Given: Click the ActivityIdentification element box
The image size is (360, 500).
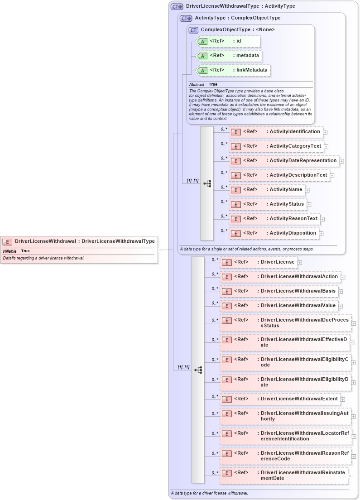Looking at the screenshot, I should click(x=275, y=132).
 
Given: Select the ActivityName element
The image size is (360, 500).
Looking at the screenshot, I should click(x=266, y=190).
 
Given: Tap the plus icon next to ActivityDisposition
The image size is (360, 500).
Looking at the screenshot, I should click(x=322, y=234).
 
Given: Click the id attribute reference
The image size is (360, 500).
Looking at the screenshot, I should click(x=229, y=41).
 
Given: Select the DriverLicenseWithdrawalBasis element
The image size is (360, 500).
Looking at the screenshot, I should click(x=278, y=291).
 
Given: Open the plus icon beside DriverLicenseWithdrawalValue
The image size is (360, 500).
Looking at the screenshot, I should click(x=341, y=307).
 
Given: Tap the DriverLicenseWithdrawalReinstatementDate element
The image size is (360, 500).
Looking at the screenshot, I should click(x=284, y=476).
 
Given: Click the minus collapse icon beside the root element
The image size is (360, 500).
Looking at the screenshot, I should click(x=160, y=250).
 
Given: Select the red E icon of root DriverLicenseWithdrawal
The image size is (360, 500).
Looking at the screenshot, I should click(x=8, y=241).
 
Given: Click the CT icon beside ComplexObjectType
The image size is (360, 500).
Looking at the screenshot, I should click(x=193, y=30).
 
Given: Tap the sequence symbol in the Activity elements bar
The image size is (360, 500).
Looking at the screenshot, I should click(x=207, y=183).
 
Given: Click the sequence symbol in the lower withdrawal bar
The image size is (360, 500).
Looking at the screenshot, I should click(x=198, y=370).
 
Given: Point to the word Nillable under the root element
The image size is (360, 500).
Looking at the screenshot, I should click(x=10, y=251).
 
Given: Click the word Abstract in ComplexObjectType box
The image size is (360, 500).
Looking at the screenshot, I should click(x=197, y=85).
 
